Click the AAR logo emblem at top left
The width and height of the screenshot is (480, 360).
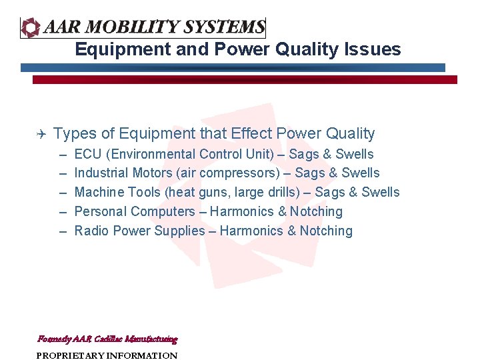coord(31,27)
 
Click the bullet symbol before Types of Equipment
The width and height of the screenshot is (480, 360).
coord(39,134)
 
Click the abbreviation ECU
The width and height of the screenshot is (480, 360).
coord(88,154)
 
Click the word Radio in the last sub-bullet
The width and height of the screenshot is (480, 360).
coord(91,231)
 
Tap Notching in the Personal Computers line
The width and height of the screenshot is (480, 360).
coord(316,212)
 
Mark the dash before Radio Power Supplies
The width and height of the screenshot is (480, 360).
coord(63,231)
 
